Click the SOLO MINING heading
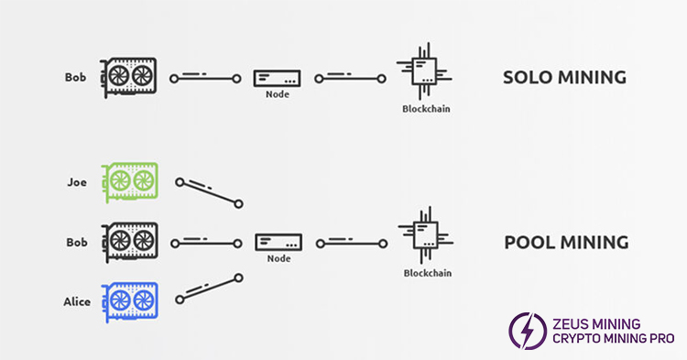click(x=564, y=78)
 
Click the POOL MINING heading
click(x=566, y=243)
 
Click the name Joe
click(x=77, y=182)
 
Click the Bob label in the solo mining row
click(x=76, y=78)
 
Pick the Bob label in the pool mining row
click(x=76, y=243)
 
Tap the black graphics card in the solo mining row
click(x=130, y=78)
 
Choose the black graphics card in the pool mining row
click(x=130, y=243)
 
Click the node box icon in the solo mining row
click(x=276, y=78)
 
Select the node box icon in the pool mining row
click(x=276, y=243)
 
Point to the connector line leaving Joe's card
click(x=209, y=192)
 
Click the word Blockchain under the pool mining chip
click(x=427, y=273)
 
